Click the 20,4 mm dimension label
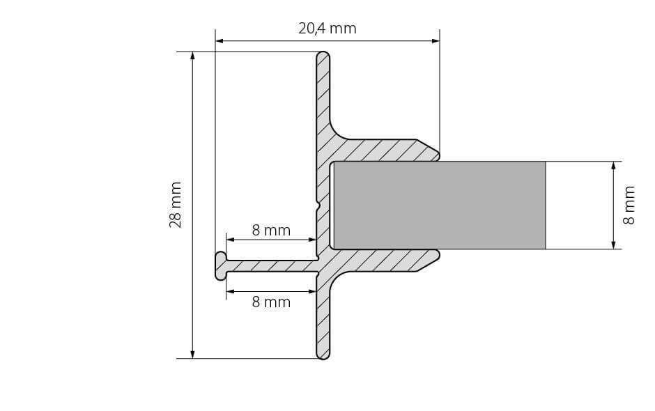[x=327, y=29]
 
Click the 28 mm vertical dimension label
[x=176, y=205]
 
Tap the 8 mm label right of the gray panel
[x=629, y=205]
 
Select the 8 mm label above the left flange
[x=271, y=231]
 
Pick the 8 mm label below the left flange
[x=271, y=302]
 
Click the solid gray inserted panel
[x=439, y=205]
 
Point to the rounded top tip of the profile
[x=323, y=55]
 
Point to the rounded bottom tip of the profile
[x=323, y=355]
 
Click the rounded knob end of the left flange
[x=220, y=265]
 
